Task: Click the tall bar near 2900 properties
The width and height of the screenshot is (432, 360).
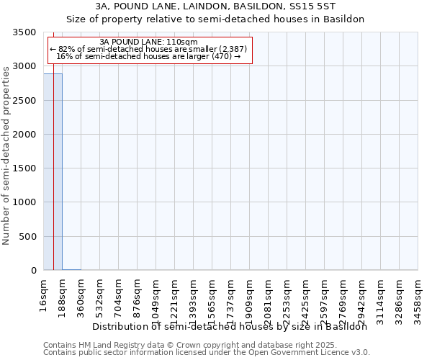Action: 53,173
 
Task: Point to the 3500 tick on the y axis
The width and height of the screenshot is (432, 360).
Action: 26,32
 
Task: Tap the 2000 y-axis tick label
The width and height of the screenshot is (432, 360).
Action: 26,135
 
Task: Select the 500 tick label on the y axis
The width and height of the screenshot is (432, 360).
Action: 29,237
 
